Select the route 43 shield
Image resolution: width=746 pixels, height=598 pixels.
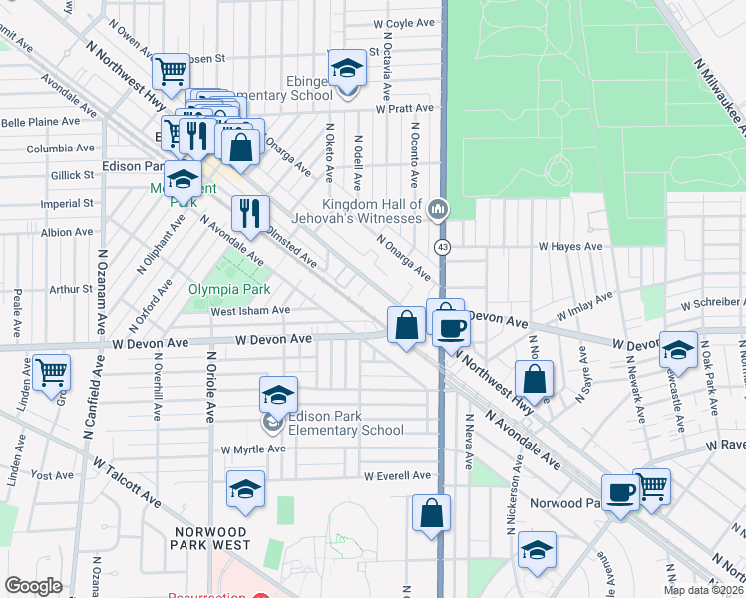[x=441, y=245]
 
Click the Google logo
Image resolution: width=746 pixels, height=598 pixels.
[x=34, y=585]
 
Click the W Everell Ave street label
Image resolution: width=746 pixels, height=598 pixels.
[x=397, y=476]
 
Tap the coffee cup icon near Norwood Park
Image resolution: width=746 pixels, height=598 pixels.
[x=620, y=491]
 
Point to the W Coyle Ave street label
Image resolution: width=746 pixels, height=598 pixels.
[x=405, y=22]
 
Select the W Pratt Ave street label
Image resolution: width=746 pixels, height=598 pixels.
[x=405, y=107]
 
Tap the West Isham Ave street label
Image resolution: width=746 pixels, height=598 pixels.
[x=250, y=310]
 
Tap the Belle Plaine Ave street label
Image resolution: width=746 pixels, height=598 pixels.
[x=41, y=121]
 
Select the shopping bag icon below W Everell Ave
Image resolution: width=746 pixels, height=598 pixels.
[x=431, y=513]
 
